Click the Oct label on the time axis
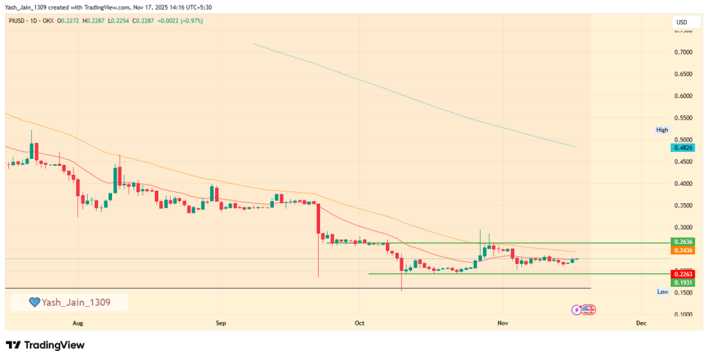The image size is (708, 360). pyautogui.click(x=359, y=323)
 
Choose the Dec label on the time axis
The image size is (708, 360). pyautogui.click(x=640, y=323)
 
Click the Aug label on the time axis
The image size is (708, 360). pyautogui.click(x=77, y=323)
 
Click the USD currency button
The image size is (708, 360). pyautogui.click(x=681, y=23)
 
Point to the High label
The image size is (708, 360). pyautogui.click(x=662, y=130)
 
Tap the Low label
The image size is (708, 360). pyautogui.click(x=662, y=292)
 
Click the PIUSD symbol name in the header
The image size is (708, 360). pyautogui.click(x=17, y=21)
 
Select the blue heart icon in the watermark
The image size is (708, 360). pyautogui.click(x=34, y=302)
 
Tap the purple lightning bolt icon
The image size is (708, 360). pyautogui.click(x=577, y=310)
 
